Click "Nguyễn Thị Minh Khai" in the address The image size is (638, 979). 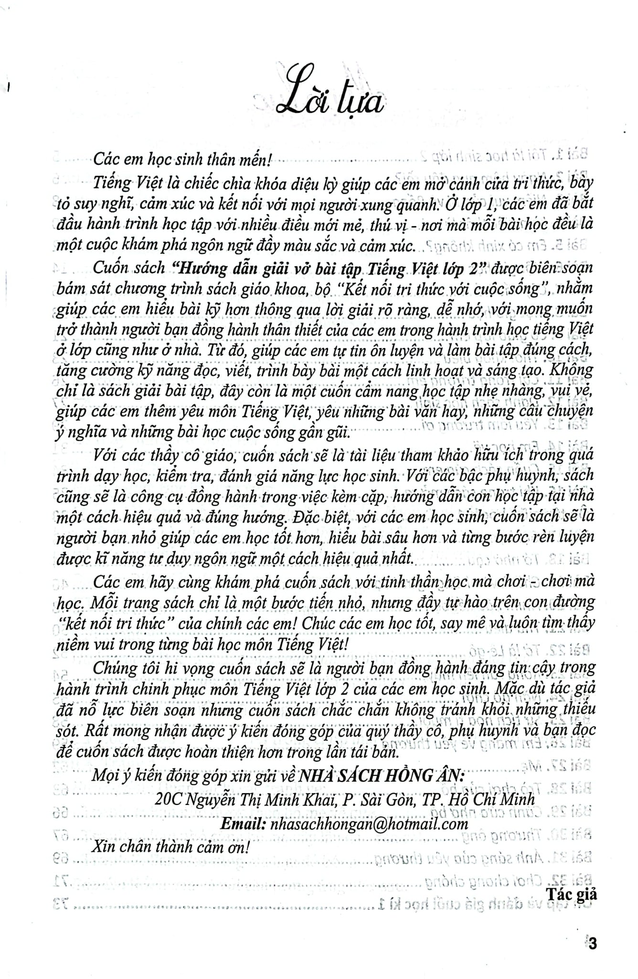click(x=255, y=800)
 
